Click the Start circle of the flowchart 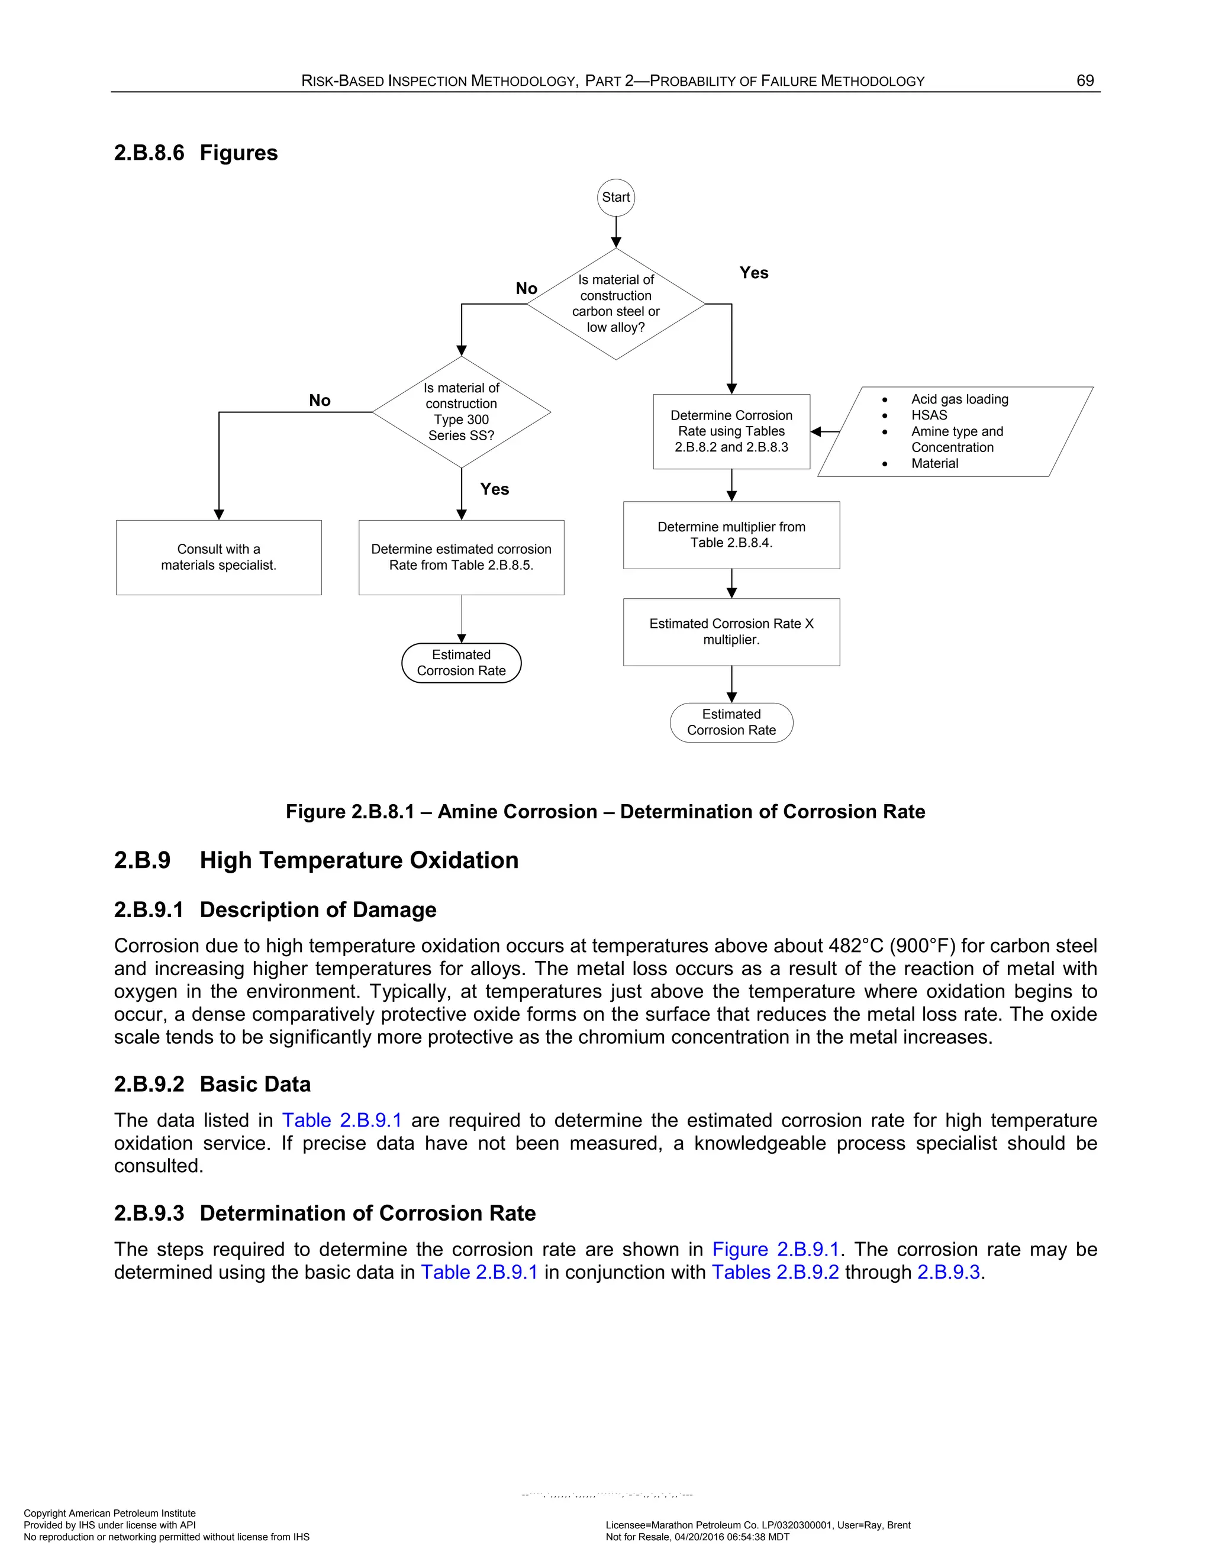(615, 198)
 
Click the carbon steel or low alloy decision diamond (615, 304)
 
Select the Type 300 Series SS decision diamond (461, 412)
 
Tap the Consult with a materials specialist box (218, 557)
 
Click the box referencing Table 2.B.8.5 (461, 557)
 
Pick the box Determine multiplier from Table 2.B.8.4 (731, 535)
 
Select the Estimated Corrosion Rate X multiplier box (731, 632)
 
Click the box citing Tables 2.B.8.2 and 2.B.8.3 (731, 431)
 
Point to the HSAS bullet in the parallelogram (929, 415)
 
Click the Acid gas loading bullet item (959, 399)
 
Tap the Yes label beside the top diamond (754, 273)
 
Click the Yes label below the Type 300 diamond (494, 489)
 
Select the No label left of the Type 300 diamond (320, 401)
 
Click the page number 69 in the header (1085, 80)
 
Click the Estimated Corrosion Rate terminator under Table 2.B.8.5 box (461, 663)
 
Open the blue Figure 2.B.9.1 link (775, 1249)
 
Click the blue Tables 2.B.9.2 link (775, 1272)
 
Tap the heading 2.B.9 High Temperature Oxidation (316, 860)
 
